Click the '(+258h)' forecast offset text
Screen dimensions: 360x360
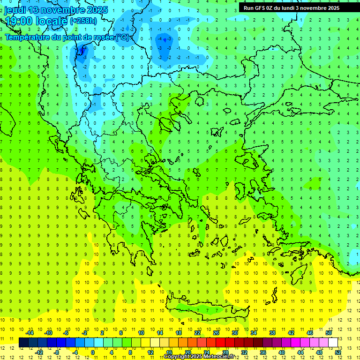(x=83, y=21)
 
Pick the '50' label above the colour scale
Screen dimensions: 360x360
(x=328, y=333)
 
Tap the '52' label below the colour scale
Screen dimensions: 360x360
(x=337, y=352)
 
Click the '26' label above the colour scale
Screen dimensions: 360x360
(x=216, y=333)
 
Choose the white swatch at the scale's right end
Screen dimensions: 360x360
(x=333, y=343)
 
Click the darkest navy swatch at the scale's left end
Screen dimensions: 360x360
(x=24, y=343)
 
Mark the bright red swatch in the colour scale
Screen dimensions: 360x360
(x=221, y=343)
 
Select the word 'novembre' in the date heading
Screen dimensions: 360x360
(x=62, y=10)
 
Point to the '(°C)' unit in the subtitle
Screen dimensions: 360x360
(x=123, y=37)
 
